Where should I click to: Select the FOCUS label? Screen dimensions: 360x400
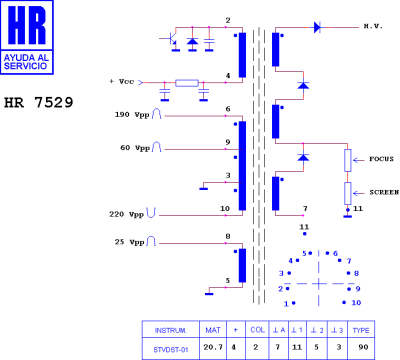(x=381, y=158)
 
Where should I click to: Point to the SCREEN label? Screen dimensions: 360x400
(x=383, y=191)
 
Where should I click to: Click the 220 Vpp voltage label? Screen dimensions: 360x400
(x=127, y=214)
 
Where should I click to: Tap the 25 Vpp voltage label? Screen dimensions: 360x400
(x=131, y=243)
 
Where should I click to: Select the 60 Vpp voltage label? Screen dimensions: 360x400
(x=134, y=148)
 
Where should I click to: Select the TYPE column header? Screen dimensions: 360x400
(x=361, y=328)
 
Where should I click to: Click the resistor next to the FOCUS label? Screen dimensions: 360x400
(x=348, y=160)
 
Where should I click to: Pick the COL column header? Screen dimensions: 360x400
(x=256, y=328)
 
